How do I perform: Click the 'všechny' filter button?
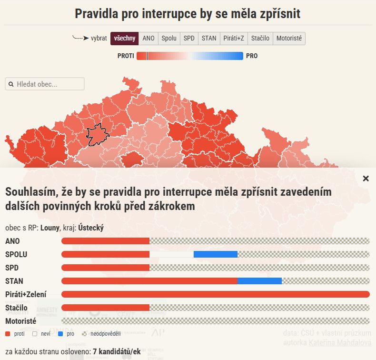[125, 39]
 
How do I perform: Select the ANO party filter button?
[148, 39]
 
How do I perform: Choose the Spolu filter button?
[169, 39]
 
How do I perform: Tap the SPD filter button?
[189, 39]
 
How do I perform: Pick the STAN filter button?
[208, 39]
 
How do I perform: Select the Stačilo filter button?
[260, 39]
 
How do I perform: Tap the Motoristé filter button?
[289, 39]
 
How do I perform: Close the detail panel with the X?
[366, 179]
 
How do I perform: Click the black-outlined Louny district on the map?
[98, 135]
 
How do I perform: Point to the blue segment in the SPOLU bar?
[216, 254]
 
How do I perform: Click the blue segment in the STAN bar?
[259, 281]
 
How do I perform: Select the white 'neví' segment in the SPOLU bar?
[171, 254]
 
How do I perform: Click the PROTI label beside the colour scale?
[126, 56]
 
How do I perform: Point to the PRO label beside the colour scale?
[252, 56]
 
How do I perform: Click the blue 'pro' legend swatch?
[60, 334]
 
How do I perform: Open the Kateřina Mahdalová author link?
[340, 342]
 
